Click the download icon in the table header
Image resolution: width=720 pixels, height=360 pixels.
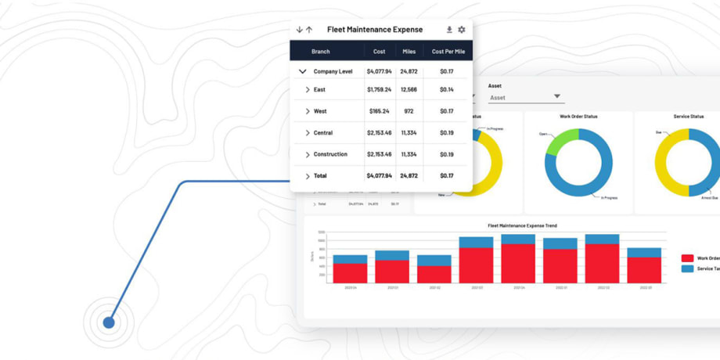point(449,30)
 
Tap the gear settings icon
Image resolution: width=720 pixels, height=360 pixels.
point(462,30)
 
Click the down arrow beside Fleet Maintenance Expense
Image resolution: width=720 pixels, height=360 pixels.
point(299,30)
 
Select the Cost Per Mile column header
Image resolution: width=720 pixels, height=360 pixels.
point(448,52)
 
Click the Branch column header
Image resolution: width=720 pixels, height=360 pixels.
point(320,52)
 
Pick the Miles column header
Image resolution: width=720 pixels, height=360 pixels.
point(409,52)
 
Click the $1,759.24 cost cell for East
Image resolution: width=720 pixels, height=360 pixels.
point(379,90)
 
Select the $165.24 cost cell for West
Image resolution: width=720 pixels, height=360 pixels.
point(379,111)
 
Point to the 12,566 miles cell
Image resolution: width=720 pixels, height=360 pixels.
point(409,90)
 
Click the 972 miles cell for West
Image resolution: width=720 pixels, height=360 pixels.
point(409,111)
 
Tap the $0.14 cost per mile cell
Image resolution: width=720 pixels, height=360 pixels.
point(447,90)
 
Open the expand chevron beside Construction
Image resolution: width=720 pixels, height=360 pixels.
point(308,155)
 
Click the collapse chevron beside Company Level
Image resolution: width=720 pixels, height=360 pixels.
point(302,71)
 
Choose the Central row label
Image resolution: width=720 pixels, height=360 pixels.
point(322,133)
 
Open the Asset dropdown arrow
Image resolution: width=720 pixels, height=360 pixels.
point(557,97)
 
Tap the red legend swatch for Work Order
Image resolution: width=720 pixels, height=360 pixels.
point(687,258)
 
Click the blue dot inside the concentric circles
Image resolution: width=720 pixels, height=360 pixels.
point(109,322)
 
